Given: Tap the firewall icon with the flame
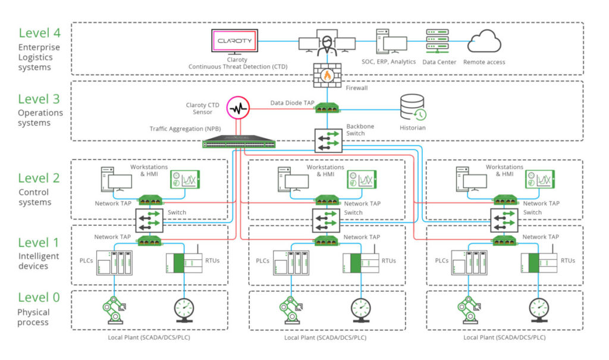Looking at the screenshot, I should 327,76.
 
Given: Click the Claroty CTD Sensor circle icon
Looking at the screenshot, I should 240,109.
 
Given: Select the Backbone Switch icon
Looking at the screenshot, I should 327,139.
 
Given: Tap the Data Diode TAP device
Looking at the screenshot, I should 327,108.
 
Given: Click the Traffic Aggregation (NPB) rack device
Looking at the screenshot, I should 238,143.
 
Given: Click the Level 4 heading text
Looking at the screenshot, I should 40,33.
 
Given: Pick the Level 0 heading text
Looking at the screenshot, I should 40,297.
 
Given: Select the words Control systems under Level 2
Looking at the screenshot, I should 34,198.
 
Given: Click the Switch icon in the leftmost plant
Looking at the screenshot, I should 149,221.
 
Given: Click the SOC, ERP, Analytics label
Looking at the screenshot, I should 388,62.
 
